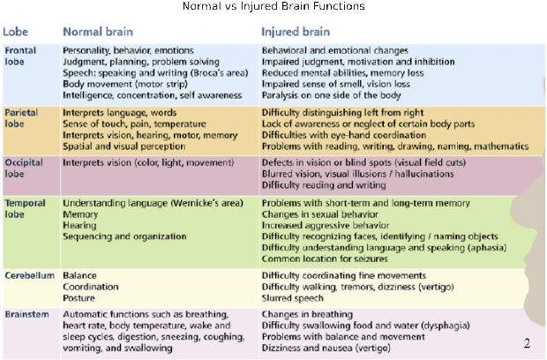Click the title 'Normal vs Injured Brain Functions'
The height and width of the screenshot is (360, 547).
pyautogui.click(x=273, y=6)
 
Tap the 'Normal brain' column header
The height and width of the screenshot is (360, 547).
pyautogui.click(x=99, y=32)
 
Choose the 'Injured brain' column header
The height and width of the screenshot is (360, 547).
pyautogui.click(x=296, y=32)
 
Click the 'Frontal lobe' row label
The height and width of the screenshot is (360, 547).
pyautogui.click(x=20, y=56)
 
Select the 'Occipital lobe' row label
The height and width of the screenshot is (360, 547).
pyautogui.click(x=23, y=169)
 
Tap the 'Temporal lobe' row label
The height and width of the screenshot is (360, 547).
pyautogui.click(x=25, y=208)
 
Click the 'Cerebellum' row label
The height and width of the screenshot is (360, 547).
pyautogui.click(x=29, y=275)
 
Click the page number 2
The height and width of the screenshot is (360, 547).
pyautogui.click(x=527, y=343)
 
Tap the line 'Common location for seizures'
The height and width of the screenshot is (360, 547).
pyautogui.click(x=325, y=259)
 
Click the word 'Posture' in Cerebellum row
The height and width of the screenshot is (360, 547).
pyautogui.click(x=80, y=298)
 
